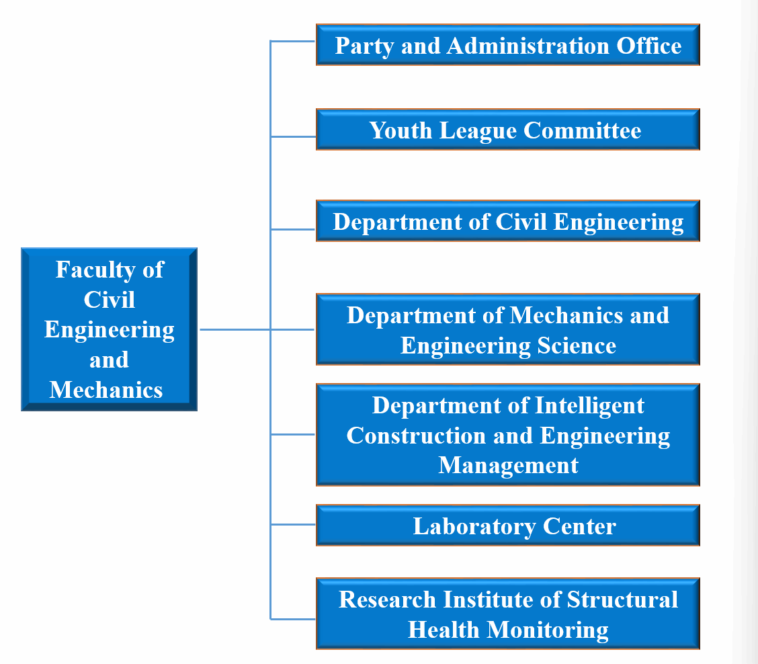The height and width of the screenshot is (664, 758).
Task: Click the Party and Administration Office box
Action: [x=507, y=44]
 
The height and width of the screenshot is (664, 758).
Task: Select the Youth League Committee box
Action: [x=507, y=130]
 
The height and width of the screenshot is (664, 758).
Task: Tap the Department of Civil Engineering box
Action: [x=507, y=221]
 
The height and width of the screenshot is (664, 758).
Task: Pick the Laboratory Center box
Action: [x=507, y=525]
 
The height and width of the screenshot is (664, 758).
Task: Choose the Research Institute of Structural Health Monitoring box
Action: [x=507, y=613]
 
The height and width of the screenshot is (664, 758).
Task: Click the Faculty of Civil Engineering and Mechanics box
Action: [x=110, y=329]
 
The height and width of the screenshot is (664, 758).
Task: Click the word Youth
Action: [x=401, y=130]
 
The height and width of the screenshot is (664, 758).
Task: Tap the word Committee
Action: [x=583, y=130]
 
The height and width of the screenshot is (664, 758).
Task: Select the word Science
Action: [x=577, y=345]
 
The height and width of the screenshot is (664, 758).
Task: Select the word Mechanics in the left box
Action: [x=106, y=390]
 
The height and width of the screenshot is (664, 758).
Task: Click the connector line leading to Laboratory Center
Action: [x=293, y=524]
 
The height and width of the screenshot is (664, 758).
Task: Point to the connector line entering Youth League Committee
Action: [x=293, y=137]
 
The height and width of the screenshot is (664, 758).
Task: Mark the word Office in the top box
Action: [x=648, y=46]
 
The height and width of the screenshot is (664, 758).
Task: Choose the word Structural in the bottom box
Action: [x=623, y=599]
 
